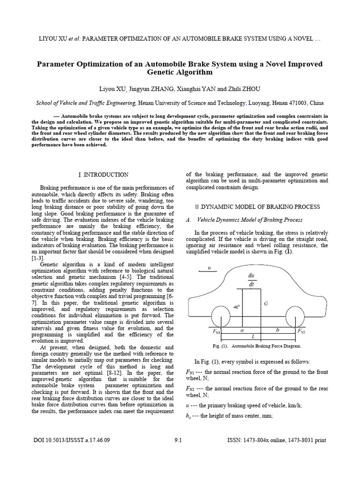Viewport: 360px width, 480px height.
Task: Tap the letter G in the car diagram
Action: click(x=266, y=304)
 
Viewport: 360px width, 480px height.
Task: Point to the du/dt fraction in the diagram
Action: click(x=251, y=280)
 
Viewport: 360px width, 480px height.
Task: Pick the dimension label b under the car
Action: click(x=277, y=330)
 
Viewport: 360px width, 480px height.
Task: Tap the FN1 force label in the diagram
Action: click(x=216, y=331)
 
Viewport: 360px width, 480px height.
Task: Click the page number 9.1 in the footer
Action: click(x=179, y=440)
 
